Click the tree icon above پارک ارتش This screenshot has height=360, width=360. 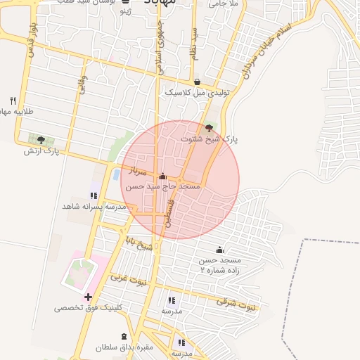click(x=41, y=140)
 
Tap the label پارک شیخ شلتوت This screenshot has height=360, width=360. click(x=210, y=139)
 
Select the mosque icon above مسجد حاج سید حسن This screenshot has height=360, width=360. click(x=163, y=176)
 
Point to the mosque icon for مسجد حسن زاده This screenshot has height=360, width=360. click(x=219, y=250)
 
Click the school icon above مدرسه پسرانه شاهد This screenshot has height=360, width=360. click(x=94, y=195)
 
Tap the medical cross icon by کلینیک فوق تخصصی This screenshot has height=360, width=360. click(x=88, y=297)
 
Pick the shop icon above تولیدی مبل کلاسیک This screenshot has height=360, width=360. click(x=196, y=82)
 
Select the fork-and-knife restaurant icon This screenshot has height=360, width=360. click(x=13, y=101)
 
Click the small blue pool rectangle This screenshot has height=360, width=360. click(x=115, y=174)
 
